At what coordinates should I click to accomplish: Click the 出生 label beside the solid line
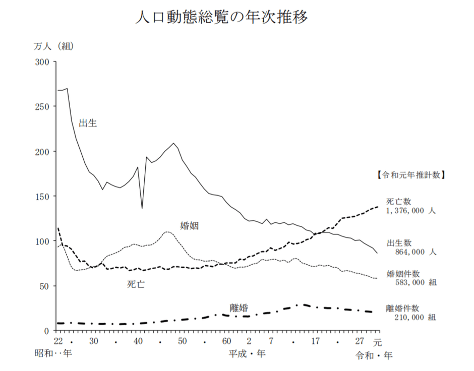pyautogui.click(x=88, y=123)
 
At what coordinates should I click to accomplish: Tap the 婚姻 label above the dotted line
pyautogui.click(x=189, y=225)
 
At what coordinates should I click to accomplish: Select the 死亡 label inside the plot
pyautogui.click(x=136, y=284)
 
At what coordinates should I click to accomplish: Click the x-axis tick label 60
pyautogui.click(x=226, y=341)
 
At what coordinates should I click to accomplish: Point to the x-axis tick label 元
pyautogui.click(x=378, y=341)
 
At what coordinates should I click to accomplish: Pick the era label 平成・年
pyautogui.click(x=247, y=354)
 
